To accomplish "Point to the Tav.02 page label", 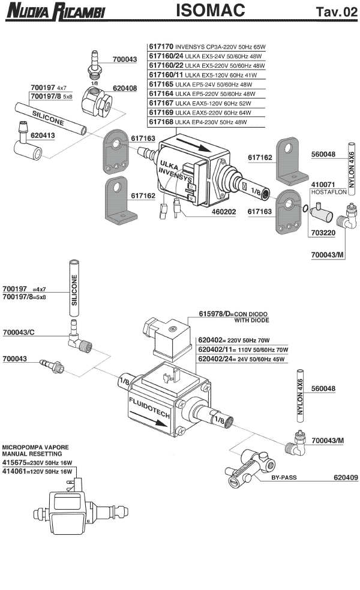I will (x=336, y=12).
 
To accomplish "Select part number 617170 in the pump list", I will (x=161, y=46).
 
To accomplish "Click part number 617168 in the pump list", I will (x=161, y=122).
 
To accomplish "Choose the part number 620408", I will (x=125, y=88).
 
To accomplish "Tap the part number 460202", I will (x=220, y=212).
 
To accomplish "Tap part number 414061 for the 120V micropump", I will (x=16, y=472).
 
